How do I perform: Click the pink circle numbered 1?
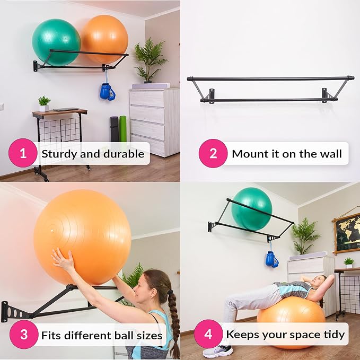(x=23, y=153)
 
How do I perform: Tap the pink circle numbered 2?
(x=213, y=153)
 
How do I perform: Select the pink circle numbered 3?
(x=24, y=335)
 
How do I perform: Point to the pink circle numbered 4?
(x=208, y=334)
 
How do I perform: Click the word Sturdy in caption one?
(x=60, y=154)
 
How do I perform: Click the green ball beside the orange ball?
(x=56, y=42)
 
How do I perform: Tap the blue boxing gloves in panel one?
(x=107, y=91)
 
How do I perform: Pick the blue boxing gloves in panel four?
(x=271, y=259)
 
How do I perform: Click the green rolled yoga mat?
(x=123, y=128)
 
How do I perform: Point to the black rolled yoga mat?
(x=115, y=129)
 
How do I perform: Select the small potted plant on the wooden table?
(x=44, y=104)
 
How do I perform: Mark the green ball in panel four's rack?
(x=252, y=209)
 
